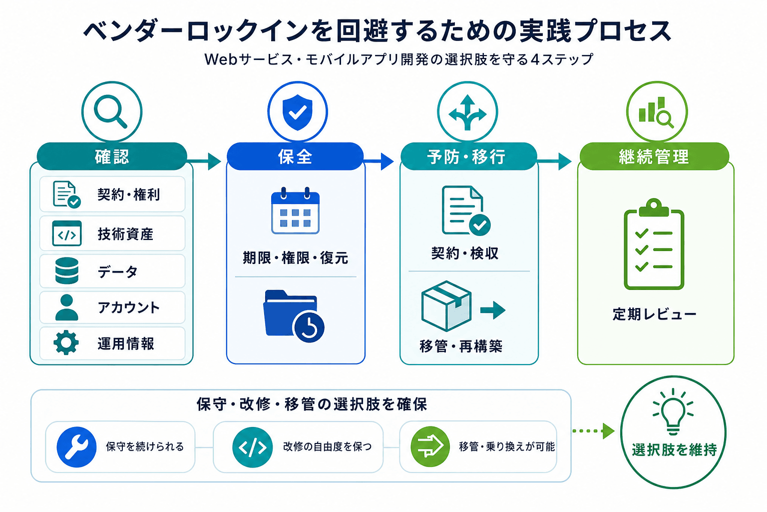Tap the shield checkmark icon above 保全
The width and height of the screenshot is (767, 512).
point(297,112)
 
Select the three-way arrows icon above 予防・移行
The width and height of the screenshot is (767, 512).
point(467,112)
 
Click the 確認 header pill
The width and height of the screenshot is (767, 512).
point(112,156)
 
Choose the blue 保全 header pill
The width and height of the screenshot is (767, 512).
point(295,156)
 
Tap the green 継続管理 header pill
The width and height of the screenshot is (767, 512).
point(654,156)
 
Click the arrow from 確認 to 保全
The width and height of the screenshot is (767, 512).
point(204,161)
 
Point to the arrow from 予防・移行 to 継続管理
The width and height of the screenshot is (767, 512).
point(554,161)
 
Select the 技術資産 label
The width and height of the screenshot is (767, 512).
point(125,234)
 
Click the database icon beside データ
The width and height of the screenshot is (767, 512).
point(67,270)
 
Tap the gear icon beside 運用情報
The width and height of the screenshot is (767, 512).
point(66,342)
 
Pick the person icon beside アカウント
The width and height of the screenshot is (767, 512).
point(66,307)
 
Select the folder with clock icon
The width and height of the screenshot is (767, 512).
point(294,316)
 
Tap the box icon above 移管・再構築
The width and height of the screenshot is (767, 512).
point(446,306)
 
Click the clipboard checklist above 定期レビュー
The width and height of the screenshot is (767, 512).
point(654,244)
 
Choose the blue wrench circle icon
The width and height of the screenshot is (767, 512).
point(76,447)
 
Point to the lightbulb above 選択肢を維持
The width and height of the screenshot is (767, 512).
point(673,411)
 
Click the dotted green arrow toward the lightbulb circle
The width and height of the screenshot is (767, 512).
point(593,431)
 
